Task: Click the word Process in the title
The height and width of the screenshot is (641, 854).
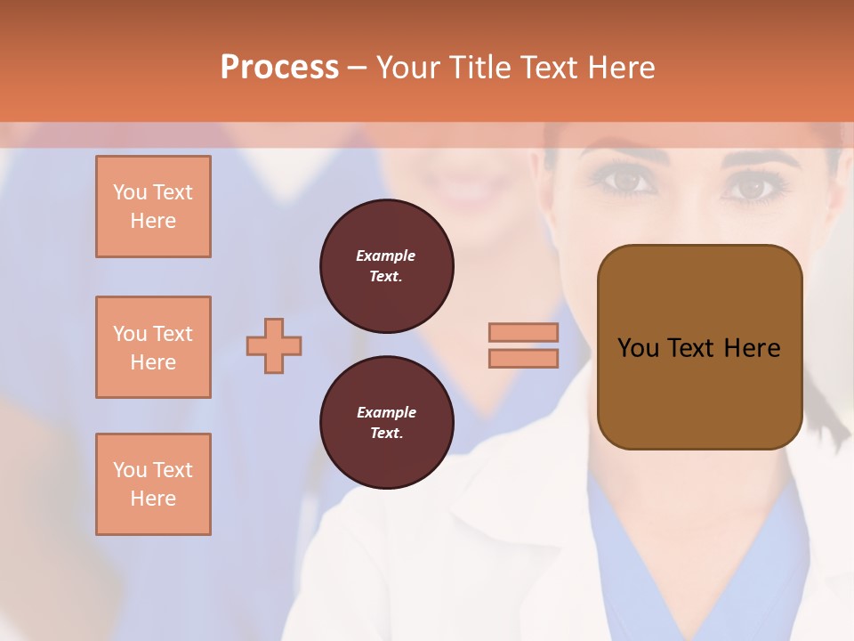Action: pos(279,68)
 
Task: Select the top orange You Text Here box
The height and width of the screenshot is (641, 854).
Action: pos(153,207)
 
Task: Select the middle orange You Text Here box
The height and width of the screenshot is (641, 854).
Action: pos(153,347)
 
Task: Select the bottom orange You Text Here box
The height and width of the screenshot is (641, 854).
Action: pos(153,483)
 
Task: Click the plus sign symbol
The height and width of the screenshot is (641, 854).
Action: pos(274,345)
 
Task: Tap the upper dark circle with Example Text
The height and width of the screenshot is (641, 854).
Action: pos(386,266)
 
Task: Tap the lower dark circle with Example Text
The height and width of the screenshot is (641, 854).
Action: pos(386,423)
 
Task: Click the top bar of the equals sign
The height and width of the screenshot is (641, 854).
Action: pos(523,332)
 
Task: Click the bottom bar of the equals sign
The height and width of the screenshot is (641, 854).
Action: pos(523,358)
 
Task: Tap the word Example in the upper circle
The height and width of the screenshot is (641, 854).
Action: pos(386,256)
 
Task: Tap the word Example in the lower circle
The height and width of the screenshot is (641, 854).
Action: pos(386,413)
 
